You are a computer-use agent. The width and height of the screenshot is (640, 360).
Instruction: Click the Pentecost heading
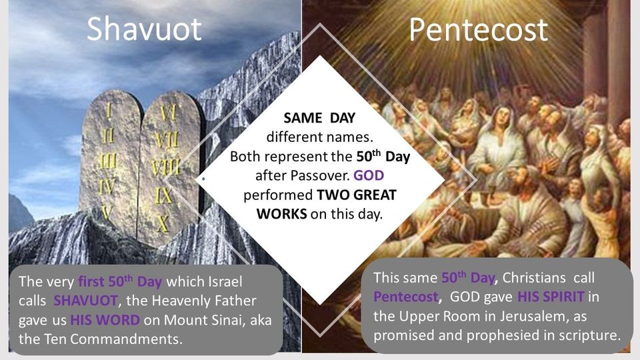pos(478,30)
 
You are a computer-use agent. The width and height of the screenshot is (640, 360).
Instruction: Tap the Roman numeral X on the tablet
pos(163,223)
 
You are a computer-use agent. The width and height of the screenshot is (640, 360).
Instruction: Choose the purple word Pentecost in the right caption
pos(403,297)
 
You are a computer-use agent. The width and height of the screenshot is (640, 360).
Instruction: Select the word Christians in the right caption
pos(538,277)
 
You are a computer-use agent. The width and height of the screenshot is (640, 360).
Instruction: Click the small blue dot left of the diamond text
pos(203,180)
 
